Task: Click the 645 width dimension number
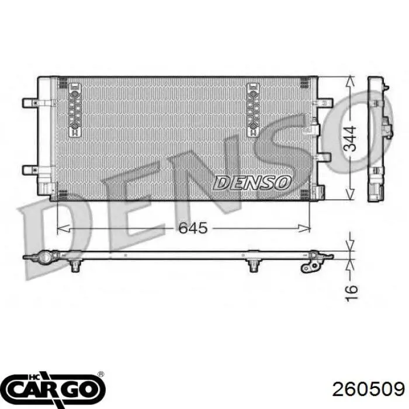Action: (x=193, y=228)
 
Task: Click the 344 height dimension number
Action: (x=350, y=138)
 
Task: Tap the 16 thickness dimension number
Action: (x=351, y=293)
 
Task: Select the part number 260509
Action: (x=368, y=390)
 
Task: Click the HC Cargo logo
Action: (x=55, y=389)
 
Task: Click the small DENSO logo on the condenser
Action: (x=252, y=182)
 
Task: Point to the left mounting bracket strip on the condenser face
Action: (x=75, y=110)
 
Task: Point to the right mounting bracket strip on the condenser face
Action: (x=253, y=110)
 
